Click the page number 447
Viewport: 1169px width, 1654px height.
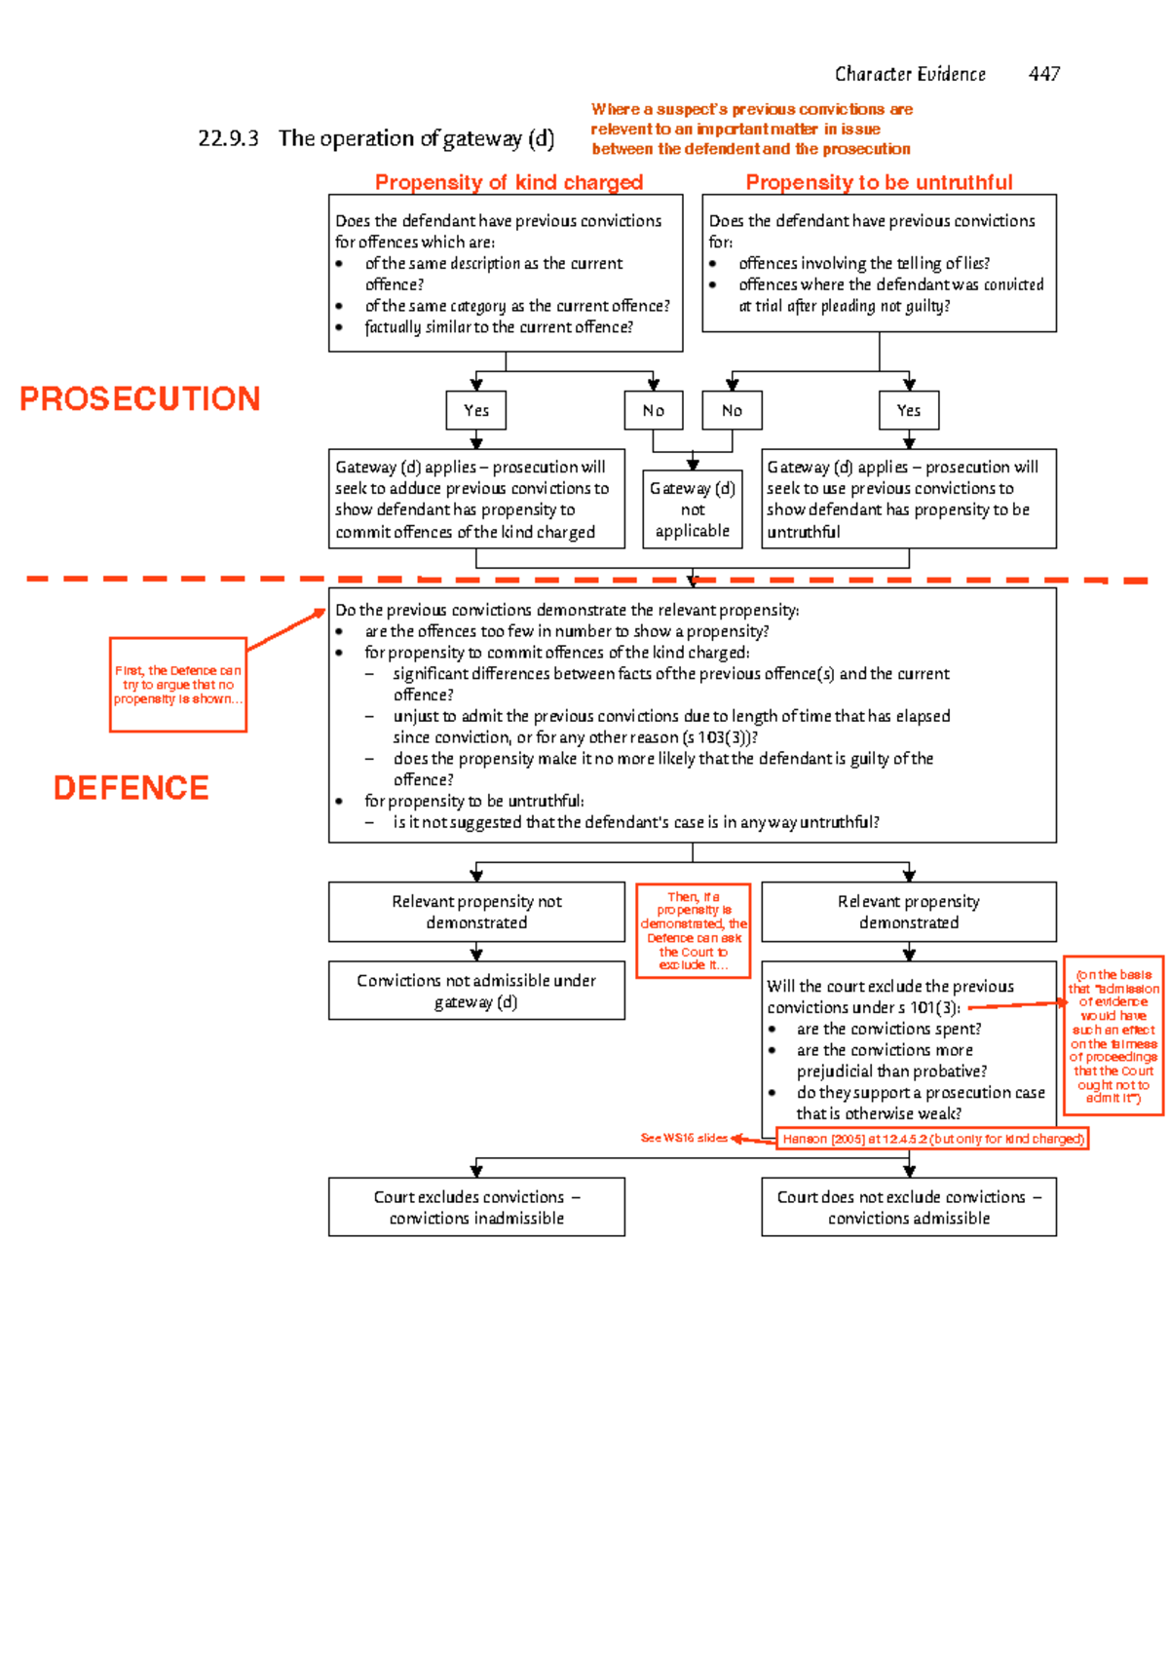pyautogui.click(x=1043, y=74)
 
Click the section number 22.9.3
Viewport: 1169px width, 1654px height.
pyautogui.click(x=228, y=138)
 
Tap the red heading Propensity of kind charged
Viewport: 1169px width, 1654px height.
pyautogui.click(x=509, y=182)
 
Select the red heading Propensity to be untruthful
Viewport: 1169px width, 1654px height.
pyautogui.click(x=879, y=182)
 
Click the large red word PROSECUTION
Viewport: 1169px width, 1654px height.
pyautogui.click(x=140, y=398)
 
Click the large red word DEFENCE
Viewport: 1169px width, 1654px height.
pyautogui.click(x=131, y=787)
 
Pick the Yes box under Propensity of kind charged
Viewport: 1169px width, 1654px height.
pyautogui.click(x=476, y=410)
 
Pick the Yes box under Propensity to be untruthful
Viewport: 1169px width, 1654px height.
pyautogui.click(x=908, y=410)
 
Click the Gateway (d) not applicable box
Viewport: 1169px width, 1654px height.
pyautogui.click(x=692, y=509)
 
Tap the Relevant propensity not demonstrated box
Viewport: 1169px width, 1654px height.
pyautogui.click(x=476, y=912)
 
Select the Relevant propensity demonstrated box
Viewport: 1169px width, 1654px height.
pyautogui.click(x=908, y=912)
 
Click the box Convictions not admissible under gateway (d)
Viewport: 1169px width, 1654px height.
pyautogui.click(x=476, y=991)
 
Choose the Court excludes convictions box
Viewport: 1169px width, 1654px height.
pyautogui.click(x=476, y=1207)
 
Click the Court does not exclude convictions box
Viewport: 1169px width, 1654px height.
pyautogui.click(x=908, y=1207)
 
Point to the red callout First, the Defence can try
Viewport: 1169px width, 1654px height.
pyautogui.click(x=177, y=684)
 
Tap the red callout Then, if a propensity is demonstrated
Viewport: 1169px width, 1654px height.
pyautogui.click(x=693, y=930)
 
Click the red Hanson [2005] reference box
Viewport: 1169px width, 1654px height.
pyautogui.click(x=932, y=1138)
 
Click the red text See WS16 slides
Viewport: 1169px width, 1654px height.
pyautogui.click(x=683, y=1138)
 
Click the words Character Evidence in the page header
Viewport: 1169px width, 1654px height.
pyautogui.click(x=910, y=74)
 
